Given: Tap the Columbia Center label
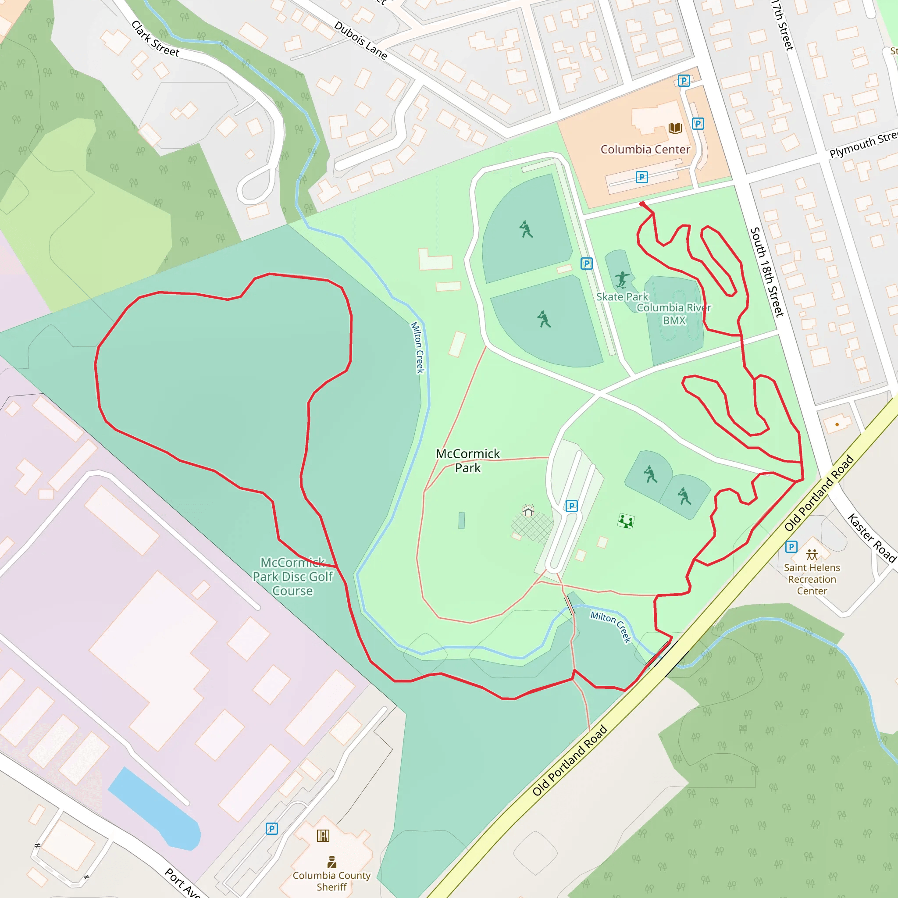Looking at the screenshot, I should point(645,149).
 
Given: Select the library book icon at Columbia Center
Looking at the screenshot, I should point(675,128).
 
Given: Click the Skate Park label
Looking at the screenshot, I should point(622,296).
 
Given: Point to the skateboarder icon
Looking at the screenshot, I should point(622,279).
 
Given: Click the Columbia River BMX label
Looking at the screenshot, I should point(674,314).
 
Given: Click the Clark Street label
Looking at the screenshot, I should point(155,39).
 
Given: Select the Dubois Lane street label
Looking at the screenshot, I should point(361,40).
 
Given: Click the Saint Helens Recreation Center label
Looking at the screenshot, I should point(812,579).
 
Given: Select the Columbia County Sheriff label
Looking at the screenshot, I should point(331,881).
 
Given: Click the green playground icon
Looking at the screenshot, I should point(626,521).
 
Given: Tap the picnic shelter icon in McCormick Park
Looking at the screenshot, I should point(528,511).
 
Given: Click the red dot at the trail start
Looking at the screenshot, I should point(642,204).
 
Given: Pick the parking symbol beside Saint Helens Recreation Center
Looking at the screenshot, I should point(791,547).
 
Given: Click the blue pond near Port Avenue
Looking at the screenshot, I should point(156,811).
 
